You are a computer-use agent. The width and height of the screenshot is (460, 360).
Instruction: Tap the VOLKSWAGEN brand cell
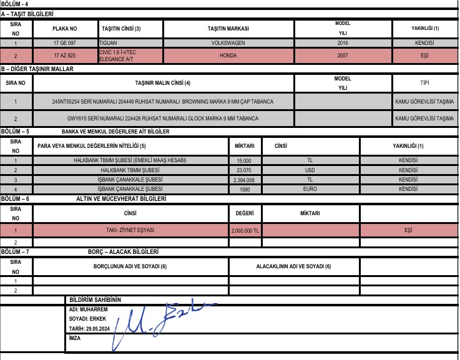228,43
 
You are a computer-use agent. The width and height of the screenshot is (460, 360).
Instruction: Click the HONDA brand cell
228,56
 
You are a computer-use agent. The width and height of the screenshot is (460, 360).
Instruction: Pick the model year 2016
343,43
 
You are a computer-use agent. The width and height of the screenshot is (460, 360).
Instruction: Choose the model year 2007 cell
343,56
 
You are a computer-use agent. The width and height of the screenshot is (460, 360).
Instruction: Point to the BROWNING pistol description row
162,101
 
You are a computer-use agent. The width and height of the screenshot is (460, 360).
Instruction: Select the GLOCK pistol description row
162,118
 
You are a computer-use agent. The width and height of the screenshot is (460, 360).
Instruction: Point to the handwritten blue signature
156,321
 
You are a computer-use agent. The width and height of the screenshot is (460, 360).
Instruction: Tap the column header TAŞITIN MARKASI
228,29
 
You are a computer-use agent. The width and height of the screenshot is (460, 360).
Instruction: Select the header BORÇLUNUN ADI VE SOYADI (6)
130,266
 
